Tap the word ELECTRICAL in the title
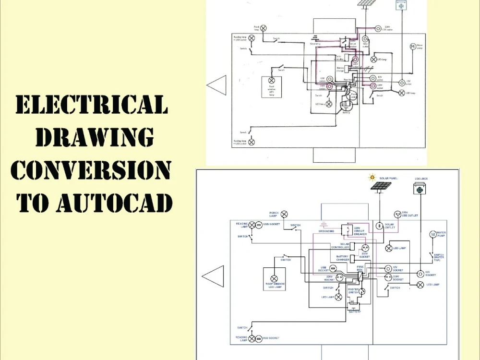92,104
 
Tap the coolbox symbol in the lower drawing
420,189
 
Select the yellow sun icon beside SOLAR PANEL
371,177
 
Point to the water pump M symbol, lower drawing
432,234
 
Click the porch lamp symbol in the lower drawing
284,214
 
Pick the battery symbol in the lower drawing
354,304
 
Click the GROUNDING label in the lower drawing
326,231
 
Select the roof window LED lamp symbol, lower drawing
275,278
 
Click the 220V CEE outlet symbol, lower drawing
397,214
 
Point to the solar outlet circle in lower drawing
379,225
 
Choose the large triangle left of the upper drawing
217,85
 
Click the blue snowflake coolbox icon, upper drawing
399,6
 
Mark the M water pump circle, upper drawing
412,46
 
